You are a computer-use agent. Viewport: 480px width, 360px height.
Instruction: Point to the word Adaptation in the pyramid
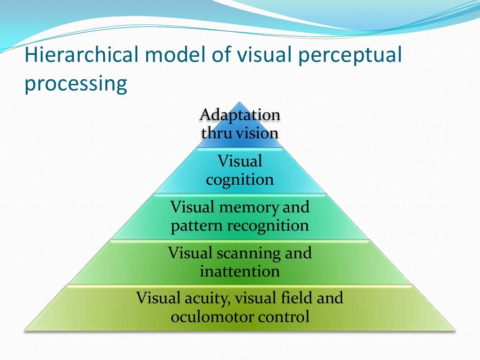click(240, 114)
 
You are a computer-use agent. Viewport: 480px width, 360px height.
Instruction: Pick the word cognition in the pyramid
click(240, 180)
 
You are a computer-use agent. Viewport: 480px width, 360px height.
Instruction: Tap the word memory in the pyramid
click(254, 207)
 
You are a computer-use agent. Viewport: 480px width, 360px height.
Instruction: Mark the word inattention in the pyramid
click(240, 271)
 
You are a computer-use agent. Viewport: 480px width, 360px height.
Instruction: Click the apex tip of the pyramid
click(240, 102)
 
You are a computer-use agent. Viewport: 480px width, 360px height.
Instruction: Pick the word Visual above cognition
click(240, 162)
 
